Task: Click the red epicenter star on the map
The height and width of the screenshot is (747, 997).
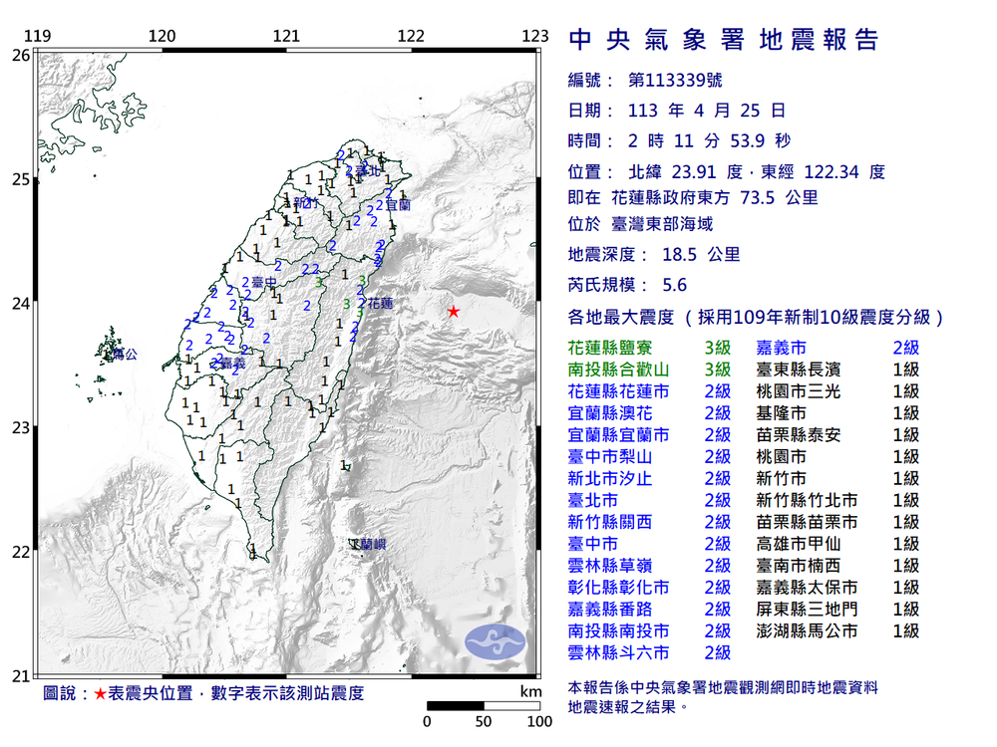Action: (454, 312)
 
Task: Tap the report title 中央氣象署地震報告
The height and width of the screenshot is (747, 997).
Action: (724, 40)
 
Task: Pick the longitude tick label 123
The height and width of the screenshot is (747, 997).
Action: (536, 37)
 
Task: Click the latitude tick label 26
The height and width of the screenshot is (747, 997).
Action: (20, 56)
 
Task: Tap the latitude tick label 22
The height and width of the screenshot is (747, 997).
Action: (20, 552)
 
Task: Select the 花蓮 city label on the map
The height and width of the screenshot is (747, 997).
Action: (380, 302)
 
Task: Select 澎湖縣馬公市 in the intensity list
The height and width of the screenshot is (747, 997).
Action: (807, 630)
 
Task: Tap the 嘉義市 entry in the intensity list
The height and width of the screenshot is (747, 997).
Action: (783, 348)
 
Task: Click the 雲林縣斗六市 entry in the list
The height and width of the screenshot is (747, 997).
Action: (618, 652)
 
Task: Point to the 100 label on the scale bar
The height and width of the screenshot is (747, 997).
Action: (539, 721)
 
